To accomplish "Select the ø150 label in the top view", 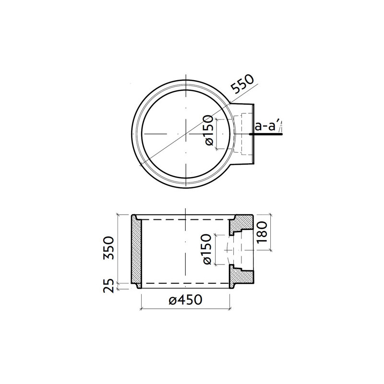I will [x=208, y=131].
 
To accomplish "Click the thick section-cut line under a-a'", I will [x=267, y=135].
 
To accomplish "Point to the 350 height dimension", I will [x=110, y=248].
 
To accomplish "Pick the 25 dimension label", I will [x=110, y=286].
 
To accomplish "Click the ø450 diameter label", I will [x=185, y=300].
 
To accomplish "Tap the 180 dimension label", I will [x=262, y=232].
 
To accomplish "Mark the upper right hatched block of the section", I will [x=242, y=225].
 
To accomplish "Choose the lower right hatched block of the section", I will [x=242, y=275].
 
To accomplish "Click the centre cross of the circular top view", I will [x=185, y=133].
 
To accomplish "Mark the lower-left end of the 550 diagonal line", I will [x=139, y=166].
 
